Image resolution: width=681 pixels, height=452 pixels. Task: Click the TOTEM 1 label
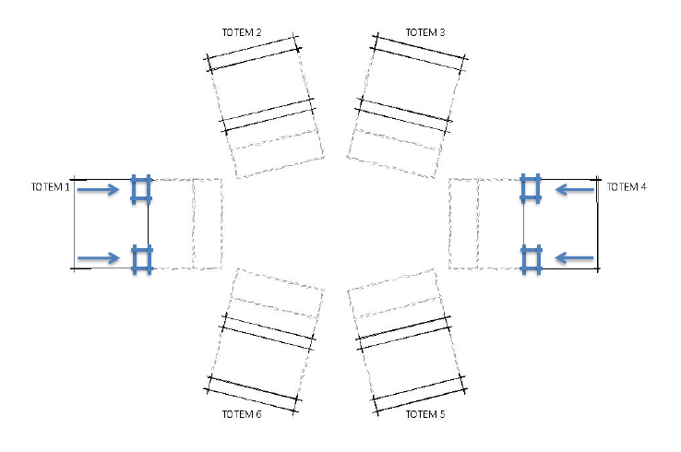[51, 187]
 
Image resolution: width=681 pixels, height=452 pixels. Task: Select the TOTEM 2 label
[242, 32]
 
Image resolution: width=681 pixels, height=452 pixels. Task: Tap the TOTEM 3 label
[425, 32]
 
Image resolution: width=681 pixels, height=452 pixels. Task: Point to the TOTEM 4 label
[627, 187]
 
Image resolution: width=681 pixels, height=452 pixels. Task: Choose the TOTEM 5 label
[425, 414]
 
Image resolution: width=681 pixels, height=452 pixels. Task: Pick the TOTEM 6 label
[242, 414]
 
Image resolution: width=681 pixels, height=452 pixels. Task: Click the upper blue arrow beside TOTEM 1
[98, 189]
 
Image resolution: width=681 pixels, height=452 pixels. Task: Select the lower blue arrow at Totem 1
[98, 258]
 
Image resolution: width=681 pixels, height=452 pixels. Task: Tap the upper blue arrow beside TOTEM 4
[575, 189]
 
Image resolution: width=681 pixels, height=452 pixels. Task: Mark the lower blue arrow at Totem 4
[575, 258]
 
